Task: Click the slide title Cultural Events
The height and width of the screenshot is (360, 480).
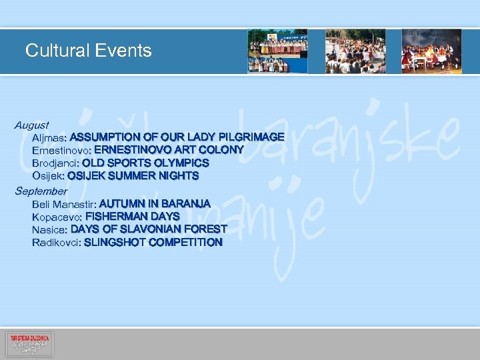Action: [x=88, y=51]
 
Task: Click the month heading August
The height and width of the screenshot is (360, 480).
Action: [x=32, y=125]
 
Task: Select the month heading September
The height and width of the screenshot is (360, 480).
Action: [x=41, y=191]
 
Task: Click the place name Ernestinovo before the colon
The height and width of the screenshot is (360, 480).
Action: [x=62, y=150]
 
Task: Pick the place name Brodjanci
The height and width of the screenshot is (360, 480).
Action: [x=55, y=163]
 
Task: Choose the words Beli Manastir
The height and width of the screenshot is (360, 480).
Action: [x=63, y=203]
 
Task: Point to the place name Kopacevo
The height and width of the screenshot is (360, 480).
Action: [x=57, y=217]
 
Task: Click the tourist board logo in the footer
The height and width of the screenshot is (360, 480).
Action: [x=29, y=344]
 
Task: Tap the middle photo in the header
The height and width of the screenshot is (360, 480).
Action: [x=355, y=51]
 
